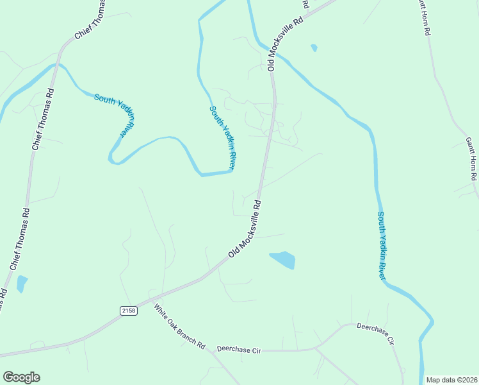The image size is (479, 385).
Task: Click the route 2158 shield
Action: click(x=128, y=311)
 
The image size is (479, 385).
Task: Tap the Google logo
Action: click(x=21, y=377)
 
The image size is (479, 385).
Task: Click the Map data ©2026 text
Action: click(x=451, y=380)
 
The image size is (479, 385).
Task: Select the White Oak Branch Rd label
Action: click(x=179, y=326)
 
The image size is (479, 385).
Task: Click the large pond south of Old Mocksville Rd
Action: click(x=283, y=259)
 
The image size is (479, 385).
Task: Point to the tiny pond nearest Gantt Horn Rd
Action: click(x=314, y=47)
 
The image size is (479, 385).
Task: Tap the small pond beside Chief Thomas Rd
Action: click(x=22, y=283)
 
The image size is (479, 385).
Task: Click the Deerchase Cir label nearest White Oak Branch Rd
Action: click(x=239, y=350)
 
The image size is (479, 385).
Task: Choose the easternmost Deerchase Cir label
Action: click(x=375, y=334)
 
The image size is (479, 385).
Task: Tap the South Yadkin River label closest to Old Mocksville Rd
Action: click(x=223, y=138)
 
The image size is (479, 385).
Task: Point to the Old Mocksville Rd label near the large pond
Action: click(x=245, y=230)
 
